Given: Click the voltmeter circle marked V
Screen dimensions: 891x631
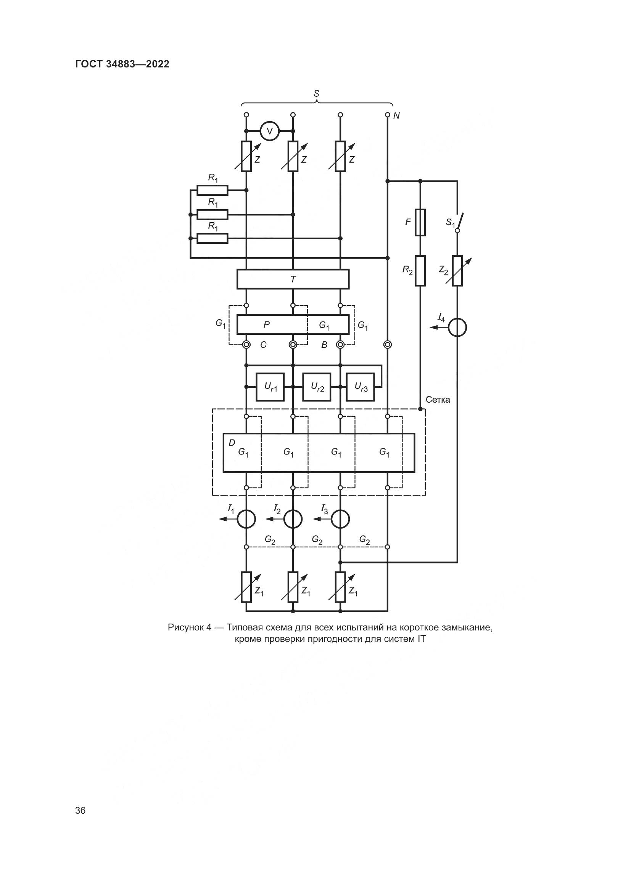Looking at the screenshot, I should [x=269, y=131].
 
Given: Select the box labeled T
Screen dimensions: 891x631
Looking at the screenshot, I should [x=293, y=279].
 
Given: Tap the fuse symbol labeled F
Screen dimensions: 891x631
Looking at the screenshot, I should [x=420, y=222].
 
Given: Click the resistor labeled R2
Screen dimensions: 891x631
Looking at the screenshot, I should [x=420, y=270].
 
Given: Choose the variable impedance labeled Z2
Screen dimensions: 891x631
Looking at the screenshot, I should [x=457, y=270].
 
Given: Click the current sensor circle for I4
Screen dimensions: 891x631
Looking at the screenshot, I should [x=457, y=328].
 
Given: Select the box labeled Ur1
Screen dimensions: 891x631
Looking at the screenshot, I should [x=270, y=387].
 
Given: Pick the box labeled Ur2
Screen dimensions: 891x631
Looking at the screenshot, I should [x=317, y=387].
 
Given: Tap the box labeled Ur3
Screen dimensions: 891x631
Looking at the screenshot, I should [x=361, y=387].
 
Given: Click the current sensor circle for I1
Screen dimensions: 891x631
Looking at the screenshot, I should [x=246, y=519].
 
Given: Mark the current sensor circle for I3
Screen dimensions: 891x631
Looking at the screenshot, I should [x=340, y=519].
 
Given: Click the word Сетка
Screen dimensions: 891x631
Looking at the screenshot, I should [x=438, y=400].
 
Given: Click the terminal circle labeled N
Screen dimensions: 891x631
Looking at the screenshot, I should [x=387, y=115].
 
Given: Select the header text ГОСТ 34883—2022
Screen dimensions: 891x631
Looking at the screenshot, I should [x=122, y=64].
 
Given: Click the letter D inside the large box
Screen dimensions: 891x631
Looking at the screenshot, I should [x=232, y=443].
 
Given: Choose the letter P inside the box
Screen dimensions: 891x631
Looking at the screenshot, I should [x=267, y=325].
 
